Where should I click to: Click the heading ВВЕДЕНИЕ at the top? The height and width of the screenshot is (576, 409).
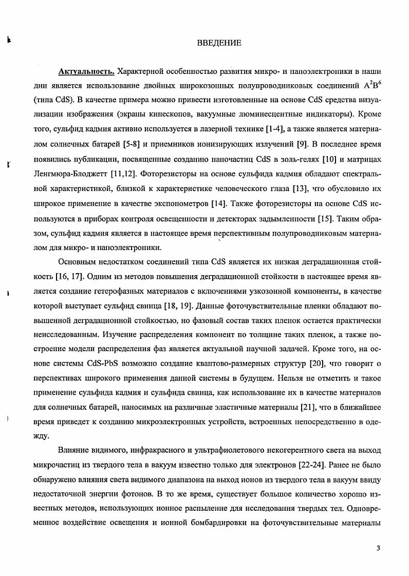click(219, 43)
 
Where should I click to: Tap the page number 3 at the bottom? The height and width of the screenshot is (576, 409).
click(378, 548)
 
